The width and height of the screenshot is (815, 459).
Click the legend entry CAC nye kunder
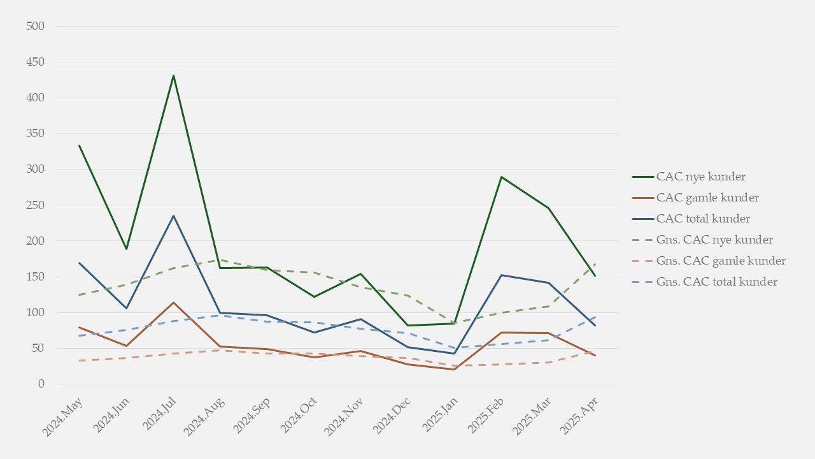point(701,177)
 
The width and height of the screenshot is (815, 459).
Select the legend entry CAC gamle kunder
point(707,198)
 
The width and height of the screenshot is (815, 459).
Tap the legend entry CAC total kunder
point(703,219)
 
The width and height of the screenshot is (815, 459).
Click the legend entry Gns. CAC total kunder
point(716,282)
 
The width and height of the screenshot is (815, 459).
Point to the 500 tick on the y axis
point(36,26)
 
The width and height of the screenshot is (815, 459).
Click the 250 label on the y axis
point(36,205)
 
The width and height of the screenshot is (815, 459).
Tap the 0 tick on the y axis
point(41,384)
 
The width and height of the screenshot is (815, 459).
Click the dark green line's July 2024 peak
point(173,76)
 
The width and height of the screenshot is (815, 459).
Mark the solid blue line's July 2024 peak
point(173,216)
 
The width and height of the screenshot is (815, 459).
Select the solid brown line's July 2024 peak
point(173,303)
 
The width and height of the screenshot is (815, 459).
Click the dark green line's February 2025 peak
point(502,177)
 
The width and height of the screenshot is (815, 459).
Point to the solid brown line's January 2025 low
point(455,369)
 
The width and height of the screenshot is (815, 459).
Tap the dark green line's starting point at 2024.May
point(80,145)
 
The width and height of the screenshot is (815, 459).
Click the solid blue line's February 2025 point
point(502,275)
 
